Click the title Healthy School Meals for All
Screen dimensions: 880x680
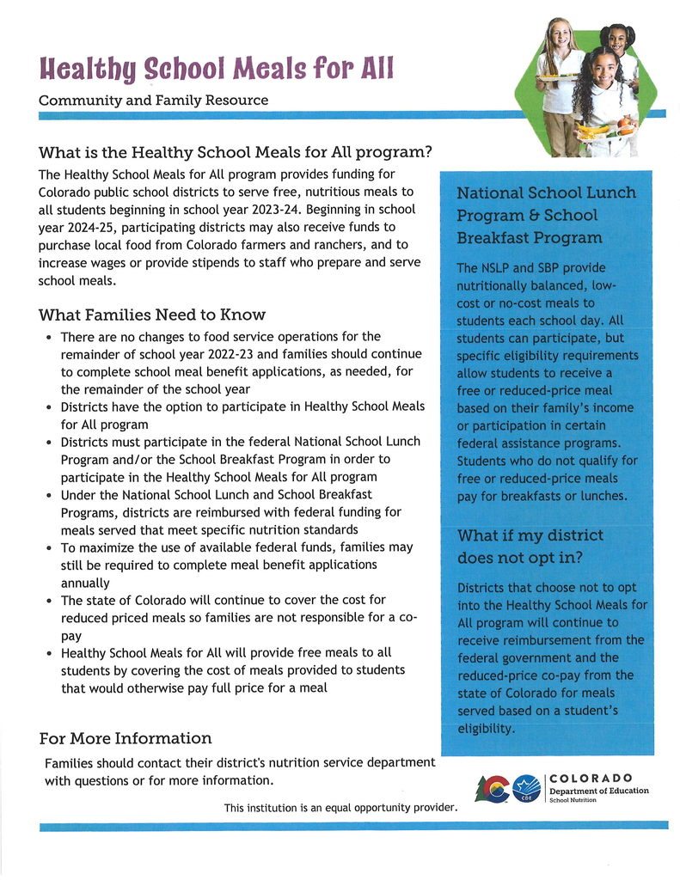(217, 67)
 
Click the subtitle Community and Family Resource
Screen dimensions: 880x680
(153, 101)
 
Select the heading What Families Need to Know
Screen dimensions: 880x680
(152, 315)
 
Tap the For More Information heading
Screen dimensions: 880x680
(126, 738)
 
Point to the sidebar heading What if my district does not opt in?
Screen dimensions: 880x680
(530, 546)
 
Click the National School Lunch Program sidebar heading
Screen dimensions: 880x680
(546, 215)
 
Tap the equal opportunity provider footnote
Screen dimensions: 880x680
(340, 808)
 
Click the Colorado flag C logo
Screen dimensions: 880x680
(492, 787)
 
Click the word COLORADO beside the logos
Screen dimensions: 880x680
(591, 778)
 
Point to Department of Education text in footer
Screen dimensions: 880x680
(599, 791)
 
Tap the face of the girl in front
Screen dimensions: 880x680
(604, 69)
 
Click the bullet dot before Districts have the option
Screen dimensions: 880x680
(48, 406)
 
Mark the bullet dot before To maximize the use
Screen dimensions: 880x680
(48, 547)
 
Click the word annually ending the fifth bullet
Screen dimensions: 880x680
(85, 583)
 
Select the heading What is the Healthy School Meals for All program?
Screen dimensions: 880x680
(235, 153)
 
